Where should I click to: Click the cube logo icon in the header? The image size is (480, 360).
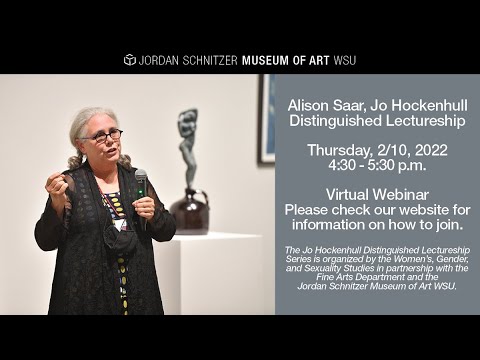coord(129,60)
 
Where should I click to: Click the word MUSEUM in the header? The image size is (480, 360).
coord(263,60)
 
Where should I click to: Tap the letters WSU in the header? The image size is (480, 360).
coord(343,60)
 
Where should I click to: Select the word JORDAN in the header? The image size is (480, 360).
coord(163,60)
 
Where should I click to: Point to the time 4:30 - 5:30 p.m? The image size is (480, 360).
coord(376,167)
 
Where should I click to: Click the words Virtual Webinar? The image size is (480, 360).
coord(376,195)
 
